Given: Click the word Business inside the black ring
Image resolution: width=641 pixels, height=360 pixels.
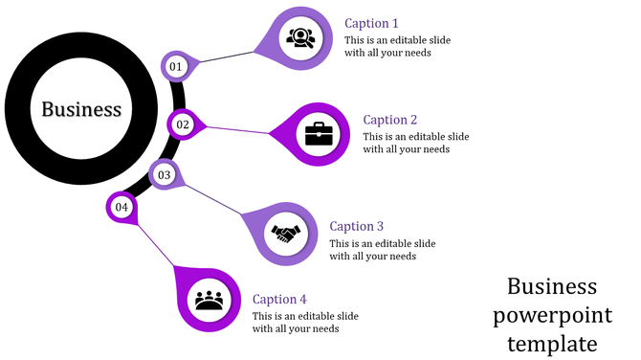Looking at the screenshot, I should tap(81, 109).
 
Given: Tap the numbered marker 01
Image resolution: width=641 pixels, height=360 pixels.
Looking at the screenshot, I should tap(175, 66).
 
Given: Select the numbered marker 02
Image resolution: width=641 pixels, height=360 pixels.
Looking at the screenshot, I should tap(183, 124).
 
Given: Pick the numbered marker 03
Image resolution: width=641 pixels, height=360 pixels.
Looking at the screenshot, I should tap(165, 175).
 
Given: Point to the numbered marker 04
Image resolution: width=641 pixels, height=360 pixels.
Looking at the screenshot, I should tap(122, 207).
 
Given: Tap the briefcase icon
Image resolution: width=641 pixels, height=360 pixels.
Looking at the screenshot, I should tap(319, 133).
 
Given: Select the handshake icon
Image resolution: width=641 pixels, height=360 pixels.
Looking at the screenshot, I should tap(285, 233).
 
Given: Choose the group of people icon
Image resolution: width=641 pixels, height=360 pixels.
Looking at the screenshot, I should tap(209, 299).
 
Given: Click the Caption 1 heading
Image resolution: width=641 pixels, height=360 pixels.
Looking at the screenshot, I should tap(371, 23).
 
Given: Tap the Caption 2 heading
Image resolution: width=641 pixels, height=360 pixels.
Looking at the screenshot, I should tap(390, 120).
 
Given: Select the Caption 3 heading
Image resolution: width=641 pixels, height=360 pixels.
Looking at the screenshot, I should tap(356, 226).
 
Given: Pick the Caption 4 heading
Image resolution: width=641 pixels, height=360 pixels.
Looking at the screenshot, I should tap(279, 299).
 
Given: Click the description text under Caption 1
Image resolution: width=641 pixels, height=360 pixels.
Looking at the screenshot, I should tap(397, 46).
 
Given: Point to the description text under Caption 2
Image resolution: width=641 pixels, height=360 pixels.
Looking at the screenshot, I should tap(416, 143).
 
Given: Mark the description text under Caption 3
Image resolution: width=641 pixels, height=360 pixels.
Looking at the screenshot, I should tap(382, 249).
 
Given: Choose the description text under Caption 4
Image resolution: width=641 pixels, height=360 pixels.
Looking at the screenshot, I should tap(305, 322).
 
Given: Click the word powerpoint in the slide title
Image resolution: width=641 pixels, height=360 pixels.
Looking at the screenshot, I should tap(552, 315).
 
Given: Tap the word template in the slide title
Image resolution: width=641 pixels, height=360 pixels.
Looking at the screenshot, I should tap(552, 343).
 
